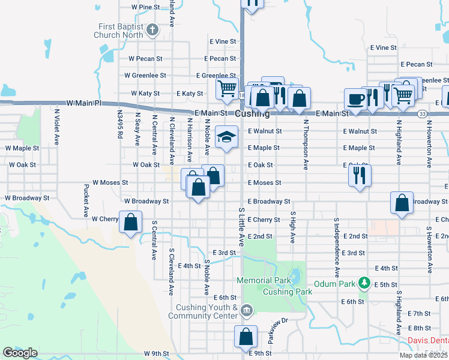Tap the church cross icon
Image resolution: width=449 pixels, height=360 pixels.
tap(152, 28)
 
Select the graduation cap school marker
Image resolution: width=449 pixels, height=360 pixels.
tap(226, 137)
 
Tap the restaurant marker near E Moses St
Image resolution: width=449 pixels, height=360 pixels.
tap(360, 175)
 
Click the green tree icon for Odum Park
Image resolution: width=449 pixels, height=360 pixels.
tap(363, 283)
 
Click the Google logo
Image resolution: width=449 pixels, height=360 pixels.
tap(20, 353)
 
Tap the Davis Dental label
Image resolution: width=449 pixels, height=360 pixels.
tap(428, 340)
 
